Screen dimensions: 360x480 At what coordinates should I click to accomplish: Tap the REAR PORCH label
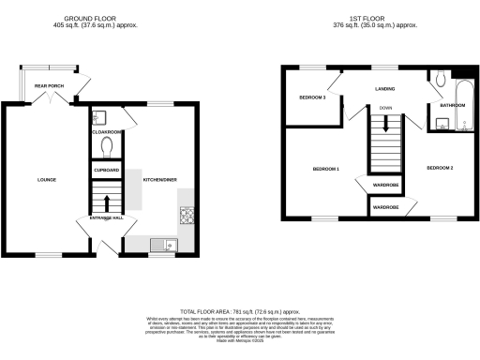[48, 86]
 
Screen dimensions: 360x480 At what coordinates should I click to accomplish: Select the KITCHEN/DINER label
[157, 179]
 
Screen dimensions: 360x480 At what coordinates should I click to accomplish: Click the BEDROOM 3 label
[312, 97]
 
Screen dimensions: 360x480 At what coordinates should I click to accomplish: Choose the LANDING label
[384, 90]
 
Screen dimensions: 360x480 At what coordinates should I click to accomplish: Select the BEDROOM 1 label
[325, 169]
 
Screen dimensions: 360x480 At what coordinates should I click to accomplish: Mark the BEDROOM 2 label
[440, 168]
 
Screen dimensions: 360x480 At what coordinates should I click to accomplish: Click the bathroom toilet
[441, 82]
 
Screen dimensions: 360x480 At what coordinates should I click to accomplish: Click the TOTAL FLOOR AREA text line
[239, 310]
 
